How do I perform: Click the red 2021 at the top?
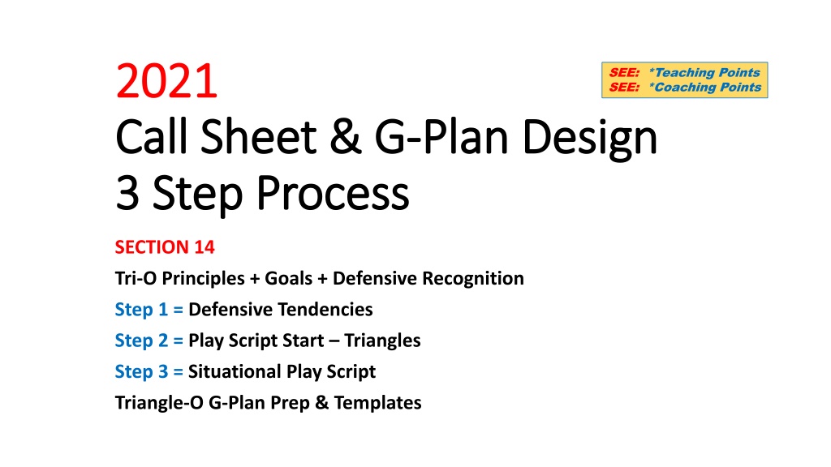166,81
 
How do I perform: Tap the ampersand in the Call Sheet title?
346,136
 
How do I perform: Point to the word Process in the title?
333,194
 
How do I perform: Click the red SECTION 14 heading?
165,247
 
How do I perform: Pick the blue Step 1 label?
141,309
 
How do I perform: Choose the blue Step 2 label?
141,341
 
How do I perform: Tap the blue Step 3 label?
141,371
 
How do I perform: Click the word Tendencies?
326,309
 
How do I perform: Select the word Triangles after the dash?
383,341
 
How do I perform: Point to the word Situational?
234,371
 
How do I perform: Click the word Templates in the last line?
378,403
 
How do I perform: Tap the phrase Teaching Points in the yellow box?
705,72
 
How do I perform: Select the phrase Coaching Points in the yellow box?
705,88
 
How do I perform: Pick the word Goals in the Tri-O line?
289,278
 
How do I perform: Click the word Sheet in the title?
258,136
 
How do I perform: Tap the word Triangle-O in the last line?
159,403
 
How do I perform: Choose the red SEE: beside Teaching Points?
624,72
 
